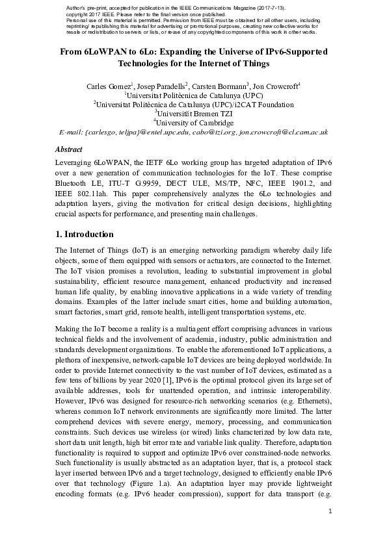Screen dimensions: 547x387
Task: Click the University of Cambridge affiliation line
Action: (193, 122)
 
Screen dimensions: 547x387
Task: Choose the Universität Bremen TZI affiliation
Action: (193, 113)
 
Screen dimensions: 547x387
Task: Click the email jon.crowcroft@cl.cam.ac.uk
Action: (283, 132)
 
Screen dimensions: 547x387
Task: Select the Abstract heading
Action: (69, 149)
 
